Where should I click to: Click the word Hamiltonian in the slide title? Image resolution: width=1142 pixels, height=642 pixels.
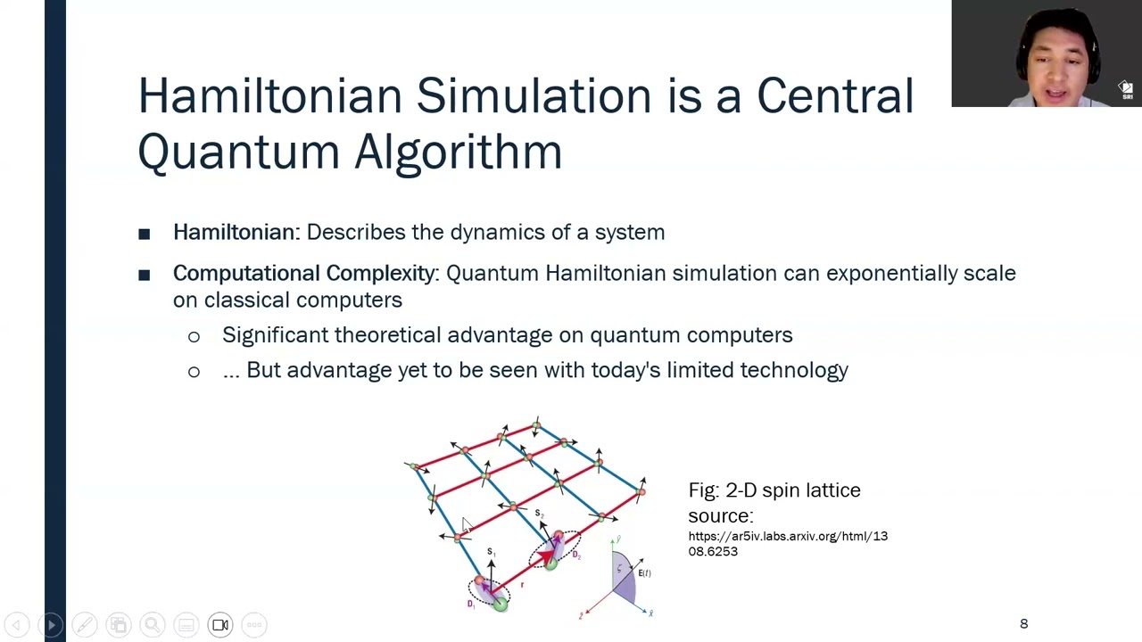click(x=269, y=96)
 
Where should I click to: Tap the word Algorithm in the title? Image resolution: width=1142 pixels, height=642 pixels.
click(x=458, y=152)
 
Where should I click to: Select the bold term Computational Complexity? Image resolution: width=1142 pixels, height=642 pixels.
click(x=303, y=273)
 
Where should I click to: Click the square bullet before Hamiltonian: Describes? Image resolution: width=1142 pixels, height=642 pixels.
click(x=145, y=234)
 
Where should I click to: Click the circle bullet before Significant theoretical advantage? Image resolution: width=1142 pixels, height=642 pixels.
click(x=194, y=336)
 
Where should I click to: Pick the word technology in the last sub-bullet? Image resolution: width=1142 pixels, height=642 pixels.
click(x=793, y=370)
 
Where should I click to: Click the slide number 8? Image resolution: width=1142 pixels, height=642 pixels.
click(x=1023, y=623)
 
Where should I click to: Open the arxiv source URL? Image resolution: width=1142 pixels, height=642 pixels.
click(x=787, y=543)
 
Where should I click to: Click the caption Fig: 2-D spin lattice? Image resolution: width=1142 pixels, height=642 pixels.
click(x=774, y=490)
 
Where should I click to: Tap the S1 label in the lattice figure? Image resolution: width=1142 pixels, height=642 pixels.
click(x=491, y=553)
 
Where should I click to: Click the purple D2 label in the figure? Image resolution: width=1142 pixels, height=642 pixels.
click(x=576, y=556)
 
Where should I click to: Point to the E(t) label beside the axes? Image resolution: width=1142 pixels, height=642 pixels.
click(x=644, y=573)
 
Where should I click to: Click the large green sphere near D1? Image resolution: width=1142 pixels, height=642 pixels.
click(x=500, y=605)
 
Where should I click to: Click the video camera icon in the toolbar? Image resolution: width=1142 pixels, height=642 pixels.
click(x=220, y=624)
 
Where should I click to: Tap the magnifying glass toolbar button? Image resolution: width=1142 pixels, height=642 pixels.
click(x=153, y=624)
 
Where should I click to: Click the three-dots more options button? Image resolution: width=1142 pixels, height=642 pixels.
click(x=254, y=624)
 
